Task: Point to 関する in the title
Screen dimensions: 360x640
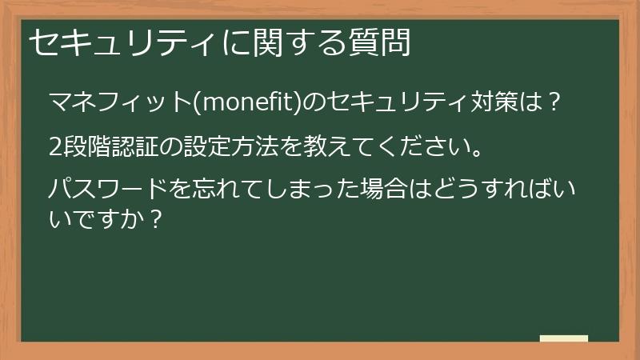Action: pyautogui.click(x=299, y=42)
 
